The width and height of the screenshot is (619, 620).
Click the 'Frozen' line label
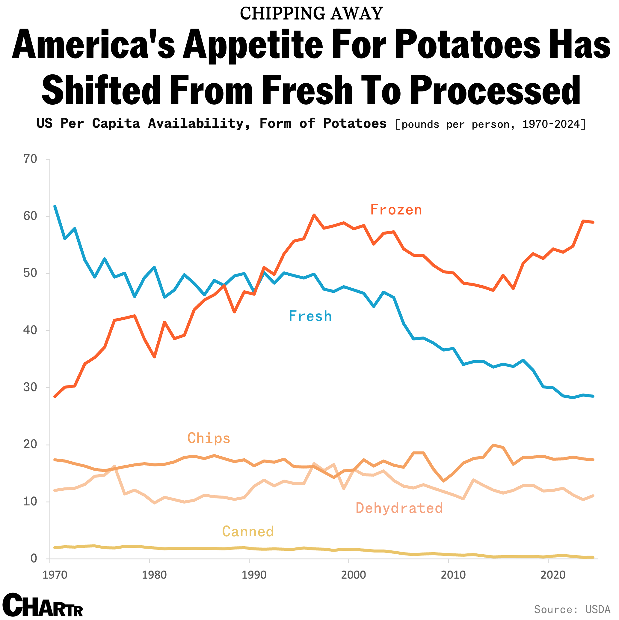pos(396,210)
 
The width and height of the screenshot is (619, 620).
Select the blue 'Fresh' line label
pos(310,316)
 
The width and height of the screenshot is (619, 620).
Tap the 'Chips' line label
pos(209,438)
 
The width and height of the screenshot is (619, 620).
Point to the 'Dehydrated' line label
pos(399,508)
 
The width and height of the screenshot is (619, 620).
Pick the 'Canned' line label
pos(248,532)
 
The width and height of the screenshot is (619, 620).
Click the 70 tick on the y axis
pos(30,159)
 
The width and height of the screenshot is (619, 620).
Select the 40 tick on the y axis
pos(30,330)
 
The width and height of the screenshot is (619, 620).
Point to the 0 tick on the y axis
pos(34,559)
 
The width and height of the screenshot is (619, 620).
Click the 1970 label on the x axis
pos(55,575)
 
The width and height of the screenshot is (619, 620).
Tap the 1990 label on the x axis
pos(254,575)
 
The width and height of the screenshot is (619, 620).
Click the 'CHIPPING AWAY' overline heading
pos(311,13)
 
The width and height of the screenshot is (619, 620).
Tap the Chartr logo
pos(43,605)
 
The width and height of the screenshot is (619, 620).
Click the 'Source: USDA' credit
pos(572,609)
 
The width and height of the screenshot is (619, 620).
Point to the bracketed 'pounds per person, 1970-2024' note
pos(490,124)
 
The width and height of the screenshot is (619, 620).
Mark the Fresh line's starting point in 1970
pos(55,206)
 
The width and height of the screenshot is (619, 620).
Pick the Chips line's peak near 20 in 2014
pos(493,445)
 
